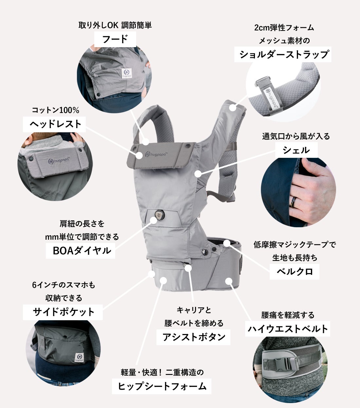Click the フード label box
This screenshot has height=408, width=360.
click(x=115, y=39)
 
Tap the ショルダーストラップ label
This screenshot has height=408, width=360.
click(x=283, y=54)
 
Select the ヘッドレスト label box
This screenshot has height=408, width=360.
click(x=54, y=124)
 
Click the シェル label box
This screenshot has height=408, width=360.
click(x=297, y=150)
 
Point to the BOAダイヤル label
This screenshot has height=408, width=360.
click(x=81, y=251)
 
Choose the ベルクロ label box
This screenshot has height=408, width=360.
click(x=294, y=272)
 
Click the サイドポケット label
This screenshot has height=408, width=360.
click(x=63, y=312)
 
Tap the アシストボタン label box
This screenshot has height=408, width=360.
click(x=193, y=337)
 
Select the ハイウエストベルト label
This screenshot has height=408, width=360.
click(x=288, y=329)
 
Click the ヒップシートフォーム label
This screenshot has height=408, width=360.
click(x=161, y=386)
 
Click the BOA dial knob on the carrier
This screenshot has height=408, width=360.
click(x=160, y=215)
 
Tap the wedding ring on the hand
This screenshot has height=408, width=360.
click(x=293, y=202)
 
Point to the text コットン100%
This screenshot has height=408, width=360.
click(x=56, y=110)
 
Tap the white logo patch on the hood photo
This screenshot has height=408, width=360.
click(x=127, y=73)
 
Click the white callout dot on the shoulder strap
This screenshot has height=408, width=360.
click(x=233, y=107)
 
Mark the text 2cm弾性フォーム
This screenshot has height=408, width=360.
click(x=284, y=28)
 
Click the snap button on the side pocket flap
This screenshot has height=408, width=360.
click(x=64, y=337)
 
